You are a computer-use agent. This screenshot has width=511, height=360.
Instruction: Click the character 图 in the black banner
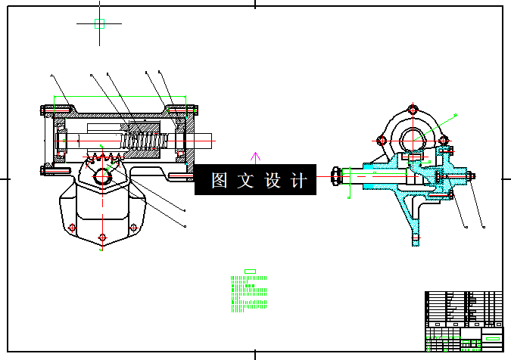220,181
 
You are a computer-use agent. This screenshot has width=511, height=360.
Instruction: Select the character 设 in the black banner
272,181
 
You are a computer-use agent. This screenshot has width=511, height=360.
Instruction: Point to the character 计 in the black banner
298,181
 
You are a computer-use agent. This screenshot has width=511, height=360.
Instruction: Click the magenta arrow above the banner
256,157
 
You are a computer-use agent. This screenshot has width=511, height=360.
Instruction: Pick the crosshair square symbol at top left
99,23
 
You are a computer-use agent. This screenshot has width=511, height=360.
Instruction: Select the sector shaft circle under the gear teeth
102,176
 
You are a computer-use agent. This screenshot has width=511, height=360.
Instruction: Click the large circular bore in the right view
413,139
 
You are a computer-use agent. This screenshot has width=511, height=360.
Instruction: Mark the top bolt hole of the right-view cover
413,109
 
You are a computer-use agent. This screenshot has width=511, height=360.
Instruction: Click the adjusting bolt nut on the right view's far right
471,178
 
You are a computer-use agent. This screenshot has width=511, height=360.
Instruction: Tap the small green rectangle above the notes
250,271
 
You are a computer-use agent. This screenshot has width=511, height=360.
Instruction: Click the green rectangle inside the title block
492,337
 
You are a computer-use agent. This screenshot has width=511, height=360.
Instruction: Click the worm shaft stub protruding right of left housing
206,141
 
